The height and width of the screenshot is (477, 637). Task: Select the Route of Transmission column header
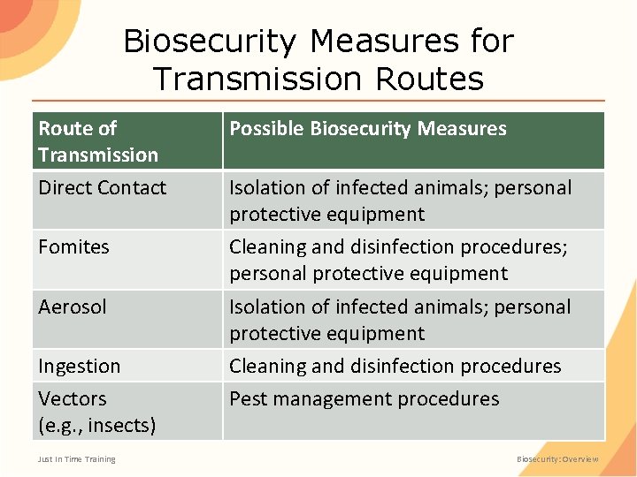pos(98,141)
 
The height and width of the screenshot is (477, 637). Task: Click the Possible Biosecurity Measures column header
pos(368,129)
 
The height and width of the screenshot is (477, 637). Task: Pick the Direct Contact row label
pos(102,188)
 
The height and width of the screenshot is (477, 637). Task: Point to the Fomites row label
pos(73,247)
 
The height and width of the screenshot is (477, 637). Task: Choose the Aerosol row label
pos(72,307)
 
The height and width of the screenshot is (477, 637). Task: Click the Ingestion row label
pos(79,367)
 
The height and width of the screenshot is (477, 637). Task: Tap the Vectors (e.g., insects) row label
pos(96,412)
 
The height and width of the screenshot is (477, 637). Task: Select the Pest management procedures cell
pos(364,399)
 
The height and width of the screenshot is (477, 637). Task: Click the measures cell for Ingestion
pos(395,367)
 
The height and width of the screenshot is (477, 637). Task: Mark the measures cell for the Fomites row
pos(398,261)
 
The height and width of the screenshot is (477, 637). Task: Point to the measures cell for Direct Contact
pos(400,201)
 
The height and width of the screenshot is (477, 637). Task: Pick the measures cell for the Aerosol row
pos(400,320)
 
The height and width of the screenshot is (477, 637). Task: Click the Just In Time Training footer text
pos(77,459)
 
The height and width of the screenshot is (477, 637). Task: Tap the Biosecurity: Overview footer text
pos(557,459)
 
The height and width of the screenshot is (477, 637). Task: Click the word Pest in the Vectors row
pos(248,399)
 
